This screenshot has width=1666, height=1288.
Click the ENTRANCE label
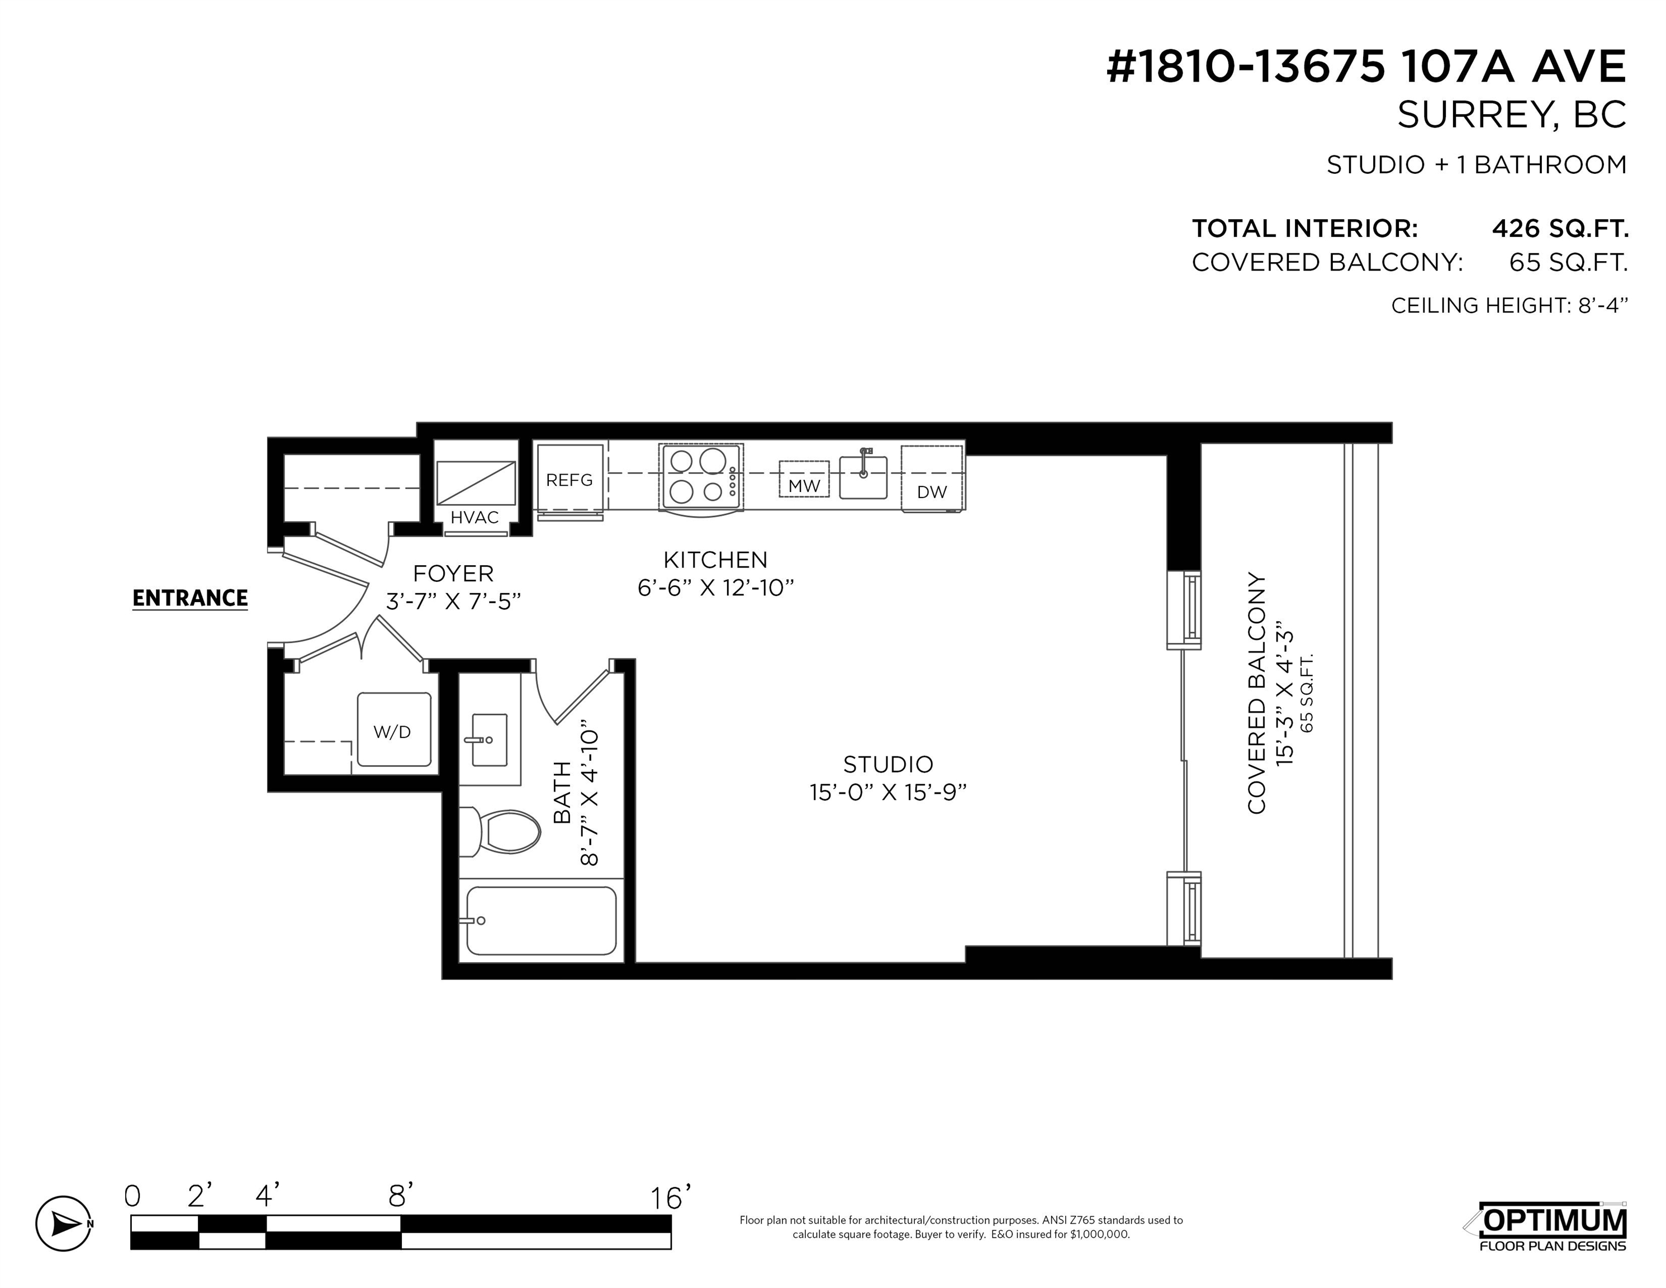click(190, 598)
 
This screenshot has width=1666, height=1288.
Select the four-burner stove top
click(701, 477)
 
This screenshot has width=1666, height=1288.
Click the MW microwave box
click(804, 479)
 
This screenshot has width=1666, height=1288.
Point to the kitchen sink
click(863, 477)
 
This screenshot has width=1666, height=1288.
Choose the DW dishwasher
click(932, 479)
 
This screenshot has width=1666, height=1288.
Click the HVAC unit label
click(474, 517)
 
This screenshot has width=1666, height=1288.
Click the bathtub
click(542, 920)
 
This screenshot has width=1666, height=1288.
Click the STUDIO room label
click(888, 764)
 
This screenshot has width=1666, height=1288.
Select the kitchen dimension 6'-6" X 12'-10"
click(715, 588)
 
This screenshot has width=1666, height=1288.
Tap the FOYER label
click(453, 573)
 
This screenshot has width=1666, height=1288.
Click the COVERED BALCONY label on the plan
click(1256, 694)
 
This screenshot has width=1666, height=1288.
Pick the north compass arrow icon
click(64, 1223)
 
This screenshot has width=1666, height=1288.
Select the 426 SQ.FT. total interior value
click(1560, 228)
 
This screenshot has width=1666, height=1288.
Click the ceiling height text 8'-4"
click(1603, 305)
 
